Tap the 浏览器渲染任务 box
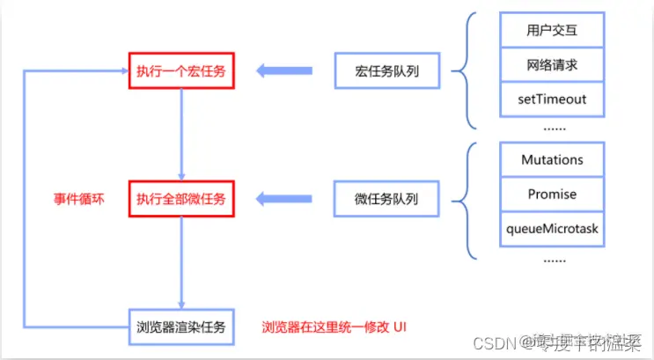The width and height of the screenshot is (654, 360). [x=180, y=327]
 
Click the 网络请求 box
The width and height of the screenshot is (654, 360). [x=553, y=65]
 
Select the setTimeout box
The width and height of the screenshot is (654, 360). [x=553, y=99]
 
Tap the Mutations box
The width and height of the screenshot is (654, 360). [x=553, y=160]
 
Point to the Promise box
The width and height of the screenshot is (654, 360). [x=553, y=194]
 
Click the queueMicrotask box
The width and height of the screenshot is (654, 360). [x=553, y=227]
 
